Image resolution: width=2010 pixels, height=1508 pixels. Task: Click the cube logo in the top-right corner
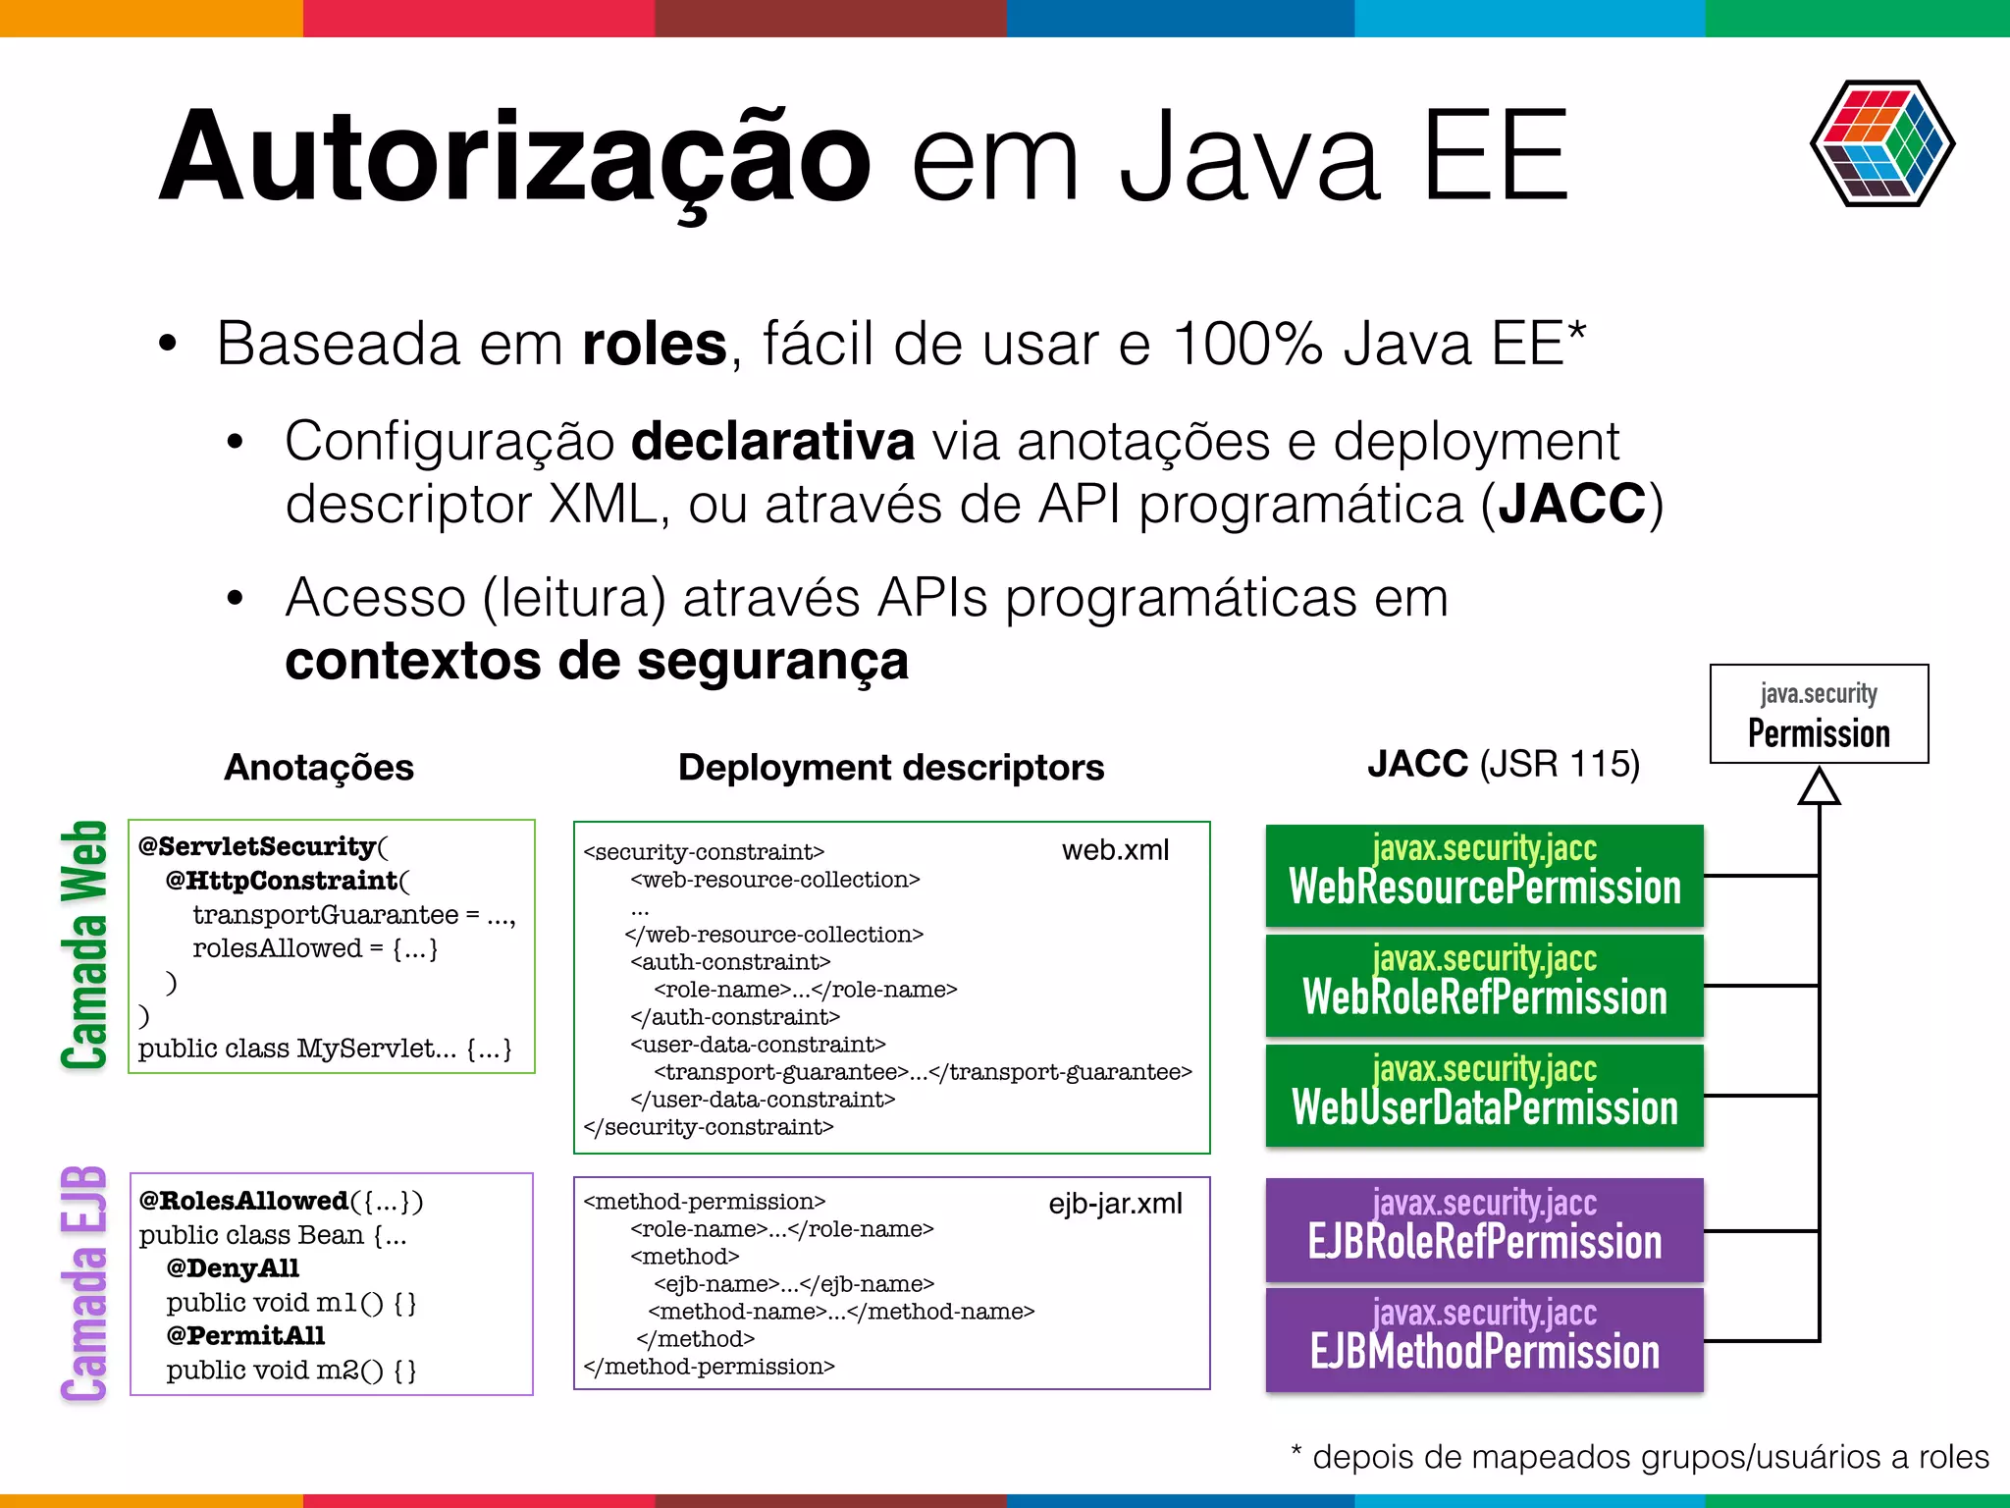coord(1881,143)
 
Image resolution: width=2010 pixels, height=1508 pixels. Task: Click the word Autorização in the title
coord(515,157)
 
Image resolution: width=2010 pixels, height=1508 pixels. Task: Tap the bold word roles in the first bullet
coord(655,344)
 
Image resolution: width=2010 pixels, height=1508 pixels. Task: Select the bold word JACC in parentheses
coord(1571,504)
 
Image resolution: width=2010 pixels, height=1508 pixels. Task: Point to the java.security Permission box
coord(1819,714)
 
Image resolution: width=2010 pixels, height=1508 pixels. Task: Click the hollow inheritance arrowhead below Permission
coord(1819,787)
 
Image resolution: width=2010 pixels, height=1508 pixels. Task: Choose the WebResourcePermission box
coord(1484,875)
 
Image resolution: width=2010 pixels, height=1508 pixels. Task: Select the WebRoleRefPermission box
coord(1484,985)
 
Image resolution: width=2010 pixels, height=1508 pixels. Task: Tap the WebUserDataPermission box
coord(1484,1095)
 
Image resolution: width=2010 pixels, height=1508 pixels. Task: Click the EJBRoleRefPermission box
coord(1484,1229)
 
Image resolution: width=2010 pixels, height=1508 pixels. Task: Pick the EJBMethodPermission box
coord(1484,1339)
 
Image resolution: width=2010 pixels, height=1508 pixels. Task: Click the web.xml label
coord(1115,850)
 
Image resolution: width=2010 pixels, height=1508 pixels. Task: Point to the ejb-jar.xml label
coord(1115,1204)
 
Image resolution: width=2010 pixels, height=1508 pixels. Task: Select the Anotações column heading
coord(319,767)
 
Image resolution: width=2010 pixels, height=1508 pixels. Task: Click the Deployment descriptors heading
coord(891,767)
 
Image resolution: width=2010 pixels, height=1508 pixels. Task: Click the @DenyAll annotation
coord(233,1268)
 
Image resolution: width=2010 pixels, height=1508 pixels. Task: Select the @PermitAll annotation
coord(245,1335)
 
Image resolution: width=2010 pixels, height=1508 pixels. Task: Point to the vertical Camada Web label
coord(83,944)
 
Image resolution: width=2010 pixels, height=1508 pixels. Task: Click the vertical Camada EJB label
coord(83,1284)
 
